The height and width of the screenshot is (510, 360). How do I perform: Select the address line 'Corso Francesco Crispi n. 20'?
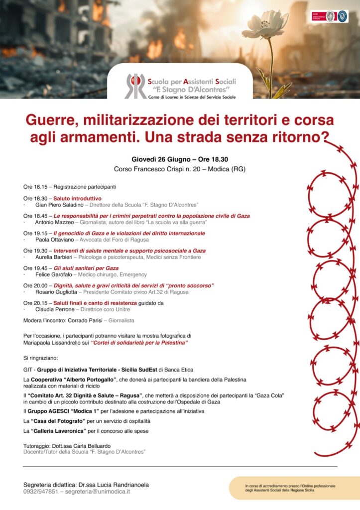[x=159, y=169]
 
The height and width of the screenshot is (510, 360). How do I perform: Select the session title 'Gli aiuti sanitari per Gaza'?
[x=86, y=268]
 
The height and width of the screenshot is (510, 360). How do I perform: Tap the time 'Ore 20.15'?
[x=35, y=303]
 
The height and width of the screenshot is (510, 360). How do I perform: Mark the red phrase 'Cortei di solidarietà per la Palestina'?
[x=139, y=343]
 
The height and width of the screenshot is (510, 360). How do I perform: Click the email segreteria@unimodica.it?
[x=98, y=492]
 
